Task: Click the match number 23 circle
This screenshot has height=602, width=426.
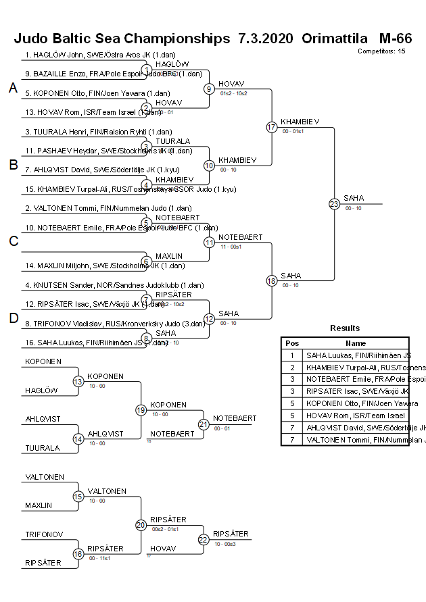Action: pyautogui.click(x=334, y=203)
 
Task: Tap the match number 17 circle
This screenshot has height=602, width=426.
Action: pyautogui.click(x=271, y=127)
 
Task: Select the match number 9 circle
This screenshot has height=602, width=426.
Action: pyautogui.click(x=209, y=89)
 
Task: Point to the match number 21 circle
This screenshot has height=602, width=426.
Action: pyautogui.click(x=204, y=424)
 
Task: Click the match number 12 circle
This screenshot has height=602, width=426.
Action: pyautogui.click(x=209, y=319)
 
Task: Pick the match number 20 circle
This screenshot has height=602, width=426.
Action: pyautogui.click(x=141, y=525)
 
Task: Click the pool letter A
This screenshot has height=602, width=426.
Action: pyautogui.click(x=13, y=88)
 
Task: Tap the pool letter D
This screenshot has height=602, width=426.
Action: pyautogui.click(x=13, y=318)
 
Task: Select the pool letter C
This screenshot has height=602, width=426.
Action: pyautogui.click(x=13, y=241)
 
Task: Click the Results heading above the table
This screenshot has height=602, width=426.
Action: pyautogui.click(x=345, y=328)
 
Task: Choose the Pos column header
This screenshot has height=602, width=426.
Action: pyautogui.click(x=292, y=343)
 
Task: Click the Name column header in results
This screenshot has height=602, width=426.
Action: pyautogui.click(x=356, y=343)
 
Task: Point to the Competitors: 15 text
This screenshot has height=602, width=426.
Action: pyautogui.click(x=381, y=51)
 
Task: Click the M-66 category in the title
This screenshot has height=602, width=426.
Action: pyautogui.click(x=396, y=39)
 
